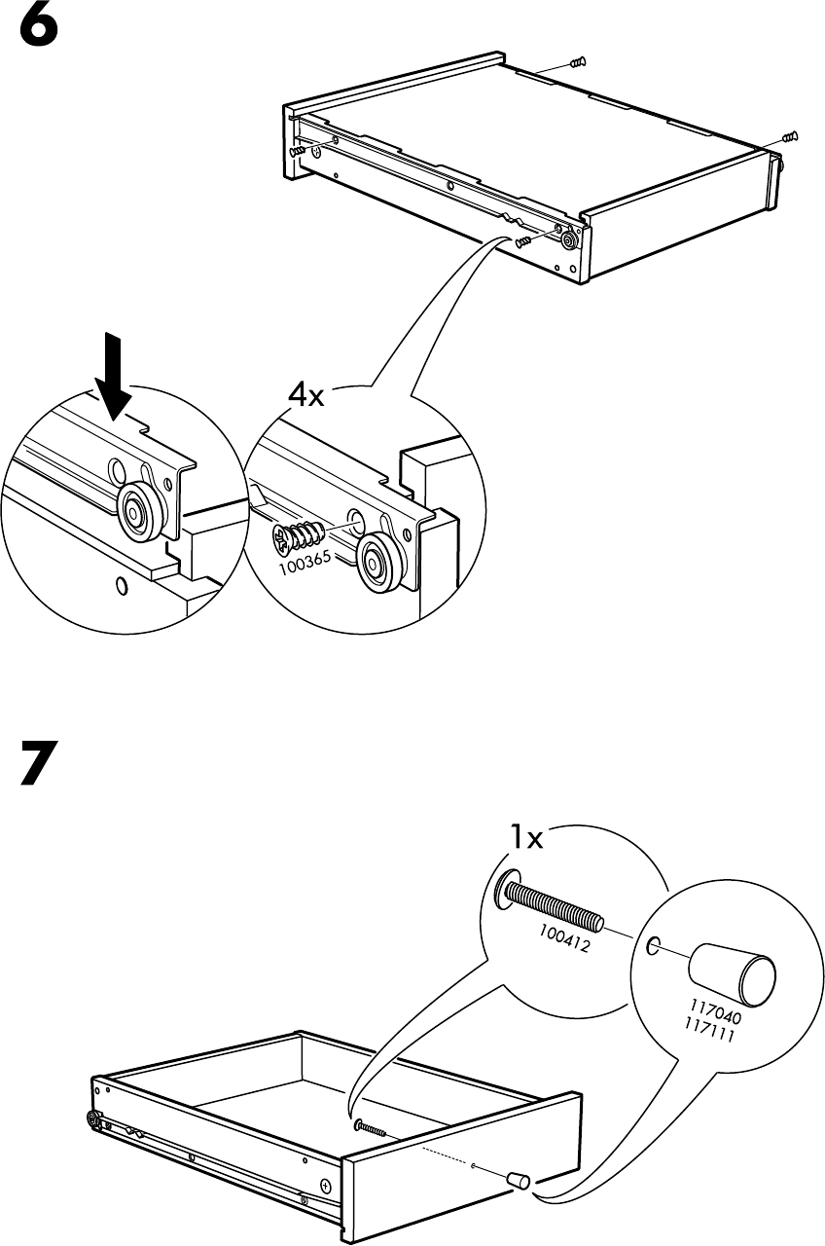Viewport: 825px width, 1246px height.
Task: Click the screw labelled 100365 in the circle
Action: click(x=300, y=533)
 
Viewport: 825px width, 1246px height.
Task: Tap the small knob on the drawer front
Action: click(x=520, y=1181)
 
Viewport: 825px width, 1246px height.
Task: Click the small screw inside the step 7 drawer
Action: click(x=370, y=1128)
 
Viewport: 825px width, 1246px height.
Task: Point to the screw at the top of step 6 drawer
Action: click(x=576, y=62)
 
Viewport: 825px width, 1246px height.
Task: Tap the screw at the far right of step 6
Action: click(x=790, y=136)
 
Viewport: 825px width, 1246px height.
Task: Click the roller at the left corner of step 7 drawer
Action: click(x=95, y=1120)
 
